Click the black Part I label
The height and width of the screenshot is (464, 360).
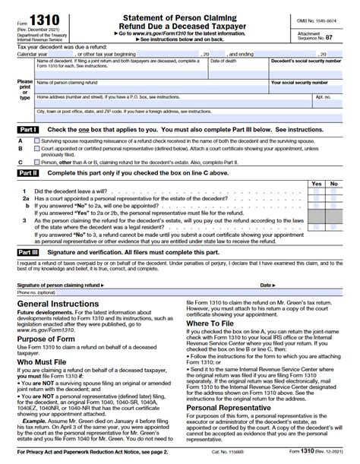[27, 129]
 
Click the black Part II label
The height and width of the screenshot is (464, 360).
[27, 173]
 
